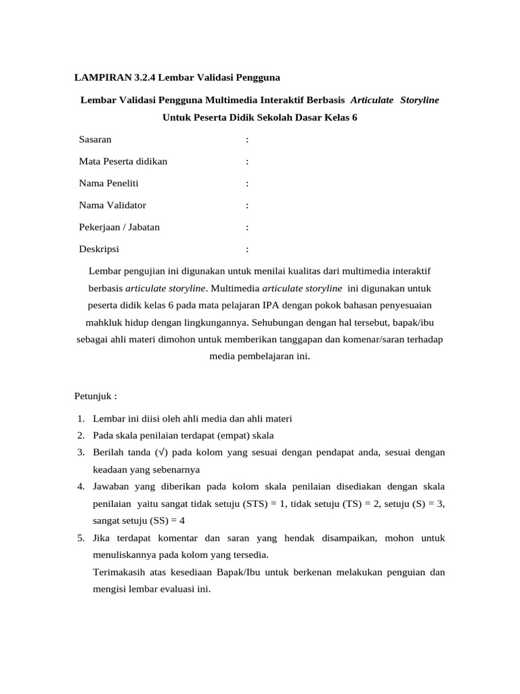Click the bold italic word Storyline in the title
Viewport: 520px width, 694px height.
click(x=419, y=100)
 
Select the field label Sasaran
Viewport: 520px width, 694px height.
click(x=95, y=140)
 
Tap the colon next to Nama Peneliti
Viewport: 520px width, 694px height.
click(x=247, y=184)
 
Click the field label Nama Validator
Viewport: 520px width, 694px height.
click(x=112, y=205)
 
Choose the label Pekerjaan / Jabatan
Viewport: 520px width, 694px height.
click(x=119, y=227)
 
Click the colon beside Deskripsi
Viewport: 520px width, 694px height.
click(x=247, y=249)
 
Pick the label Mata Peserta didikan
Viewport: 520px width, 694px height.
click(x=123, y=161)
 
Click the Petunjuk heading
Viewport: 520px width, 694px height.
click(x=95, y=395)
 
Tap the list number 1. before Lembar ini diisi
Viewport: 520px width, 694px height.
click(x=80, y=418)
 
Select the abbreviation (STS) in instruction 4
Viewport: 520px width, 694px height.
click(x=267, y=504)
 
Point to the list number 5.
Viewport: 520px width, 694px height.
click(x=80, y=539)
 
